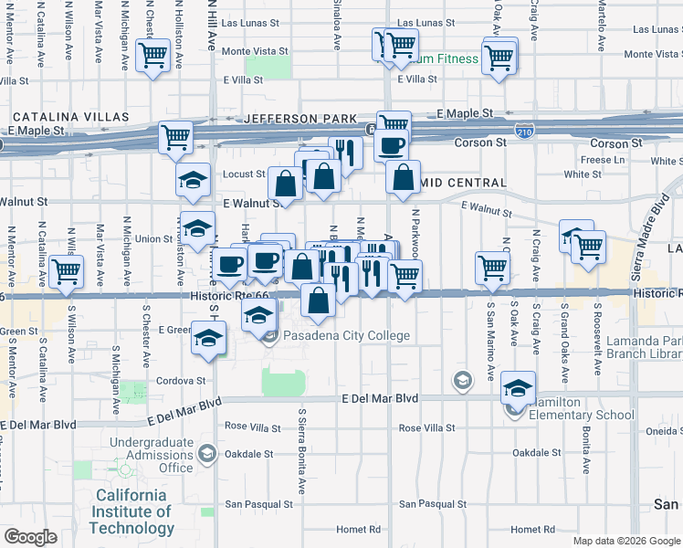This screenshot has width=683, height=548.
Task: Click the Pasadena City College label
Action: coord(346,336)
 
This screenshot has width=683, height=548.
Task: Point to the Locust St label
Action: coord(244,174)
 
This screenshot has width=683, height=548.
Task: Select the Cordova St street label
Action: coord(181,381)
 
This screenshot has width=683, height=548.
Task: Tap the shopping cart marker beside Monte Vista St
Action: coord(152,56)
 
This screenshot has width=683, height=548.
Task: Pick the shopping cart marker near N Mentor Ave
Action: coord(66,272)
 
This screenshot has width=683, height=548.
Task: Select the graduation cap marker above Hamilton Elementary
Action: coord(518,389)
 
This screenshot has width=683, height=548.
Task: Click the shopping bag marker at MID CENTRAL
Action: coord(403,178)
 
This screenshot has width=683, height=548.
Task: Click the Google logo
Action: coord(30,538)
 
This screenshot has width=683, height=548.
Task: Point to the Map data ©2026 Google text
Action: coord(625,541)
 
